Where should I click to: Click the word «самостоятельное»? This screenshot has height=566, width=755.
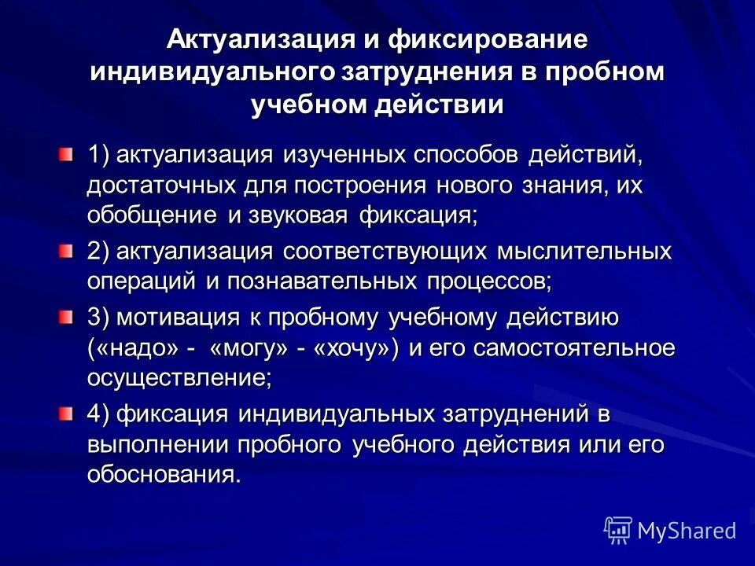point(576,348)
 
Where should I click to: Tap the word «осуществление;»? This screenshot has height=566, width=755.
point(179,378)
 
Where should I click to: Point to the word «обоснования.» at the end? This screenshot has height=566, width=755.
point(164,475)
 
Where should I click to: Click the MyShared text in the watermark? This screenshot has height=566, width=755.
point(687,531)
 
